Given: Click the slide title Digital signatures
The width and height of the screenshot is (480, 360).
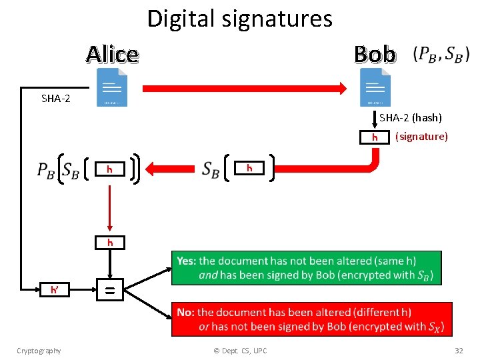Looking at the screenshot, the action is (x=239, y=19).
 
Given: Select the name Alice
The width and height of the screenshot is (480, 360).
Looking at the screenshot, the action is (x=112, y=54).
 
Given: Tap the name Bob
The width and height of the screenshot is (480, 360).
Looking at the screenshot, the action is (x=375, y=54).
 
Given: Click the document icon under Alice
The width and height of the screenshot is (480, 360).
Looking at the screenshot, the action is (x=112, y=89).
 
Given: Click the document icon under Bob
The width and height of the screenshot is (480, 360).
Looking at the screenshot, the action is (x=375, y=89).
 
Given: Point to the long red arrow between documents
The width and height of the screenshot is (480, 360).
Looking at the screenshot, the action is (x=243, y=87).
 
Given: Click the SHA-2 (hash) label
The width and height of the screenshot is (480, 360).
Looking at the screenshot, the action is (x=411, y=118).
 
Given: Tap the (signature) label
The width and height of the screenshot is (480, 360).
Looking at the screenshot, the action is (x=421, y=137).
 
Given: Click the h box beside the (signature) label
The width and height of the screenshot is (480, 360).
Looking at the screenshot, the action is (x=375, y=137).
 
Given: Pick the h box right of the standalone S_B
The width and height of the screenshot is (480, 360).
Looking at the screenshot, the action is (x=249, y=168).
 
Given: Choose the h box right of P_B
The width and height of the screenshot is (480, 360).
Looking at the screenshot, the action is (x=110, y=169).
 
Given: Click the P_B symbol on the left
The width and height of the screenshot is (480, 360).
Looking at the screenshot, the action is (x=46, y=170).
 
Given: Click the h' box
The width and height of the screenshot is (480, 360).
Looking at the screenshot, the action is (x=54, y=290).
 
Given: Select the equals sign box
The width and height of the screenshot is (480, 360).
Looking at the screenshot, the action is (x=110, y=290).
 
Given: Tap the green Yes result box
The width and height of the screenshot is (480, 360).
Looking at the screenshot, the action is (x=306, y=268).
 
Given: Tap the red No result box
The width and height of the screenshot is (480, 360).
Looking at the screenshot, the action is (x=311, y=319).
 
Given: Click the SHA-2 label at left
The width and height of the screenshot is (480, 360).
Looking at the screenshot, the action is (x=56, y=99).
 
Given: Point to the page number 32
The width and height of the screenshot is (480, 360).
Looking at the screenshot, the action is (x=459, y=351).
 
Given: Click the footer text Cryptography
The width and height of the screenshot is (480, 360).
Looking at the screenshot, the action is (x=39, y=351).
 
